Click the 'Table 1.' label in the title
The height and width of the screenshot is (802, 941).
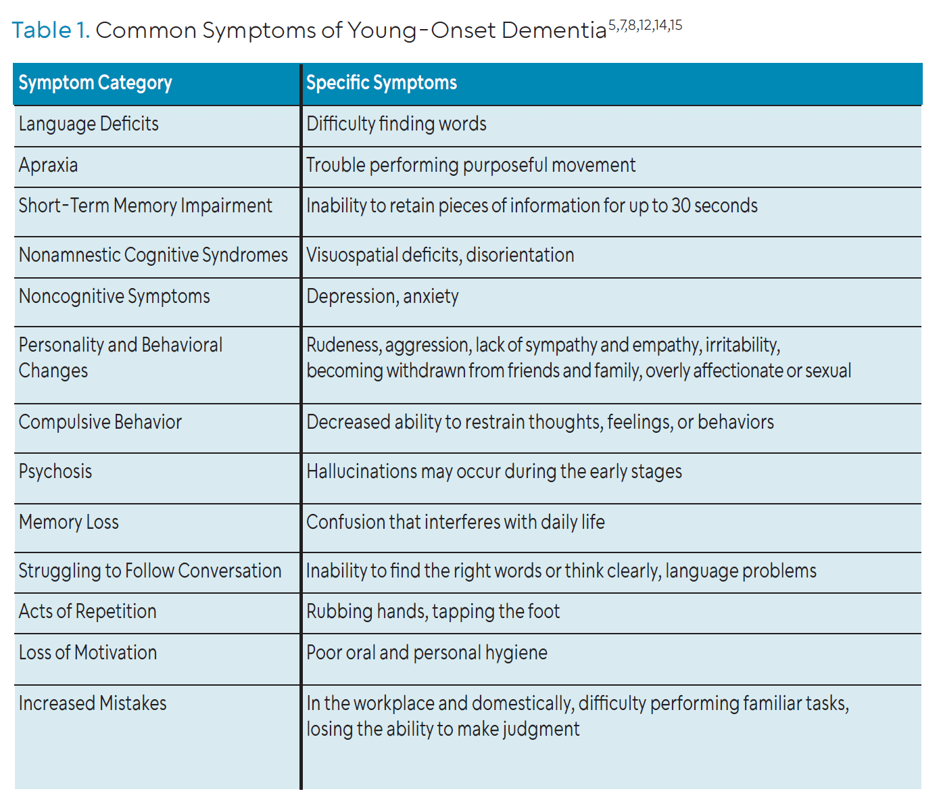51,30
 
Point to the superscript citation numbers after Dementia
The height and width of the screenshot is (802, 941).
645,25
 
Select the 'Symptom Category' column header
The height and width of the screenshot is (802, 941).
95,83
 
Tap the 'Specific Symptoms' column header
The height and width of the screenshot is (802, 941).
381,83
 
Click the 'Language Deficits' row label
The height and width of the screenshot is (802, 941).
89,124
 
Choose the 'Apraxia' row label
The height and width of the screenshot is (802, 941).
48,165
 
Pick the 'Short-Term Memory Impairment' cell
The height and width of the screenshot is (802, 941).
145,206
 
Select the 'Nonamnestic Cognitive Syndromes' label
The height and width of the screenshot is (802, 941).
153,255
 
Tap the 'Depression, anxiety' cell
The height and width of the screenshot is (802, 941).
383,296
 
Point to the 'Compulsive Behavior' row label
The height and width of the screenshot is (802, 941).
100,422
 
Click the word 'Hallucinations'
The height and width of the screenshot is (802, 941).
362,471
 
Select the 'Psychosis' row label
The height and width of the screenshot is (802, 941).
55,472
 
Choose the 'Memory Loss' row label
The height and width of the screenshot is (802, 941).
69,522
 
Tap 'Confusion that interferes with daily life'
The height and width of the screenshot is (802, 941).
455,522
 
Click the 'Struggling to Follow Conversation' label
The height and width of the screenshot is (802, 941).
150,571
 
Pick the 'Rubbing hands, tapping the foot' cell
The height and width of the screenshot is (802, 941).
433,611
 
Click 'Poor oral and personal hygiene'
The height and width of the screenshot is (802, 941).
427,653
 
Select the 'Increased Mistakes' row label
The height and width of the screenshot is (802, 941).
93,704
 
